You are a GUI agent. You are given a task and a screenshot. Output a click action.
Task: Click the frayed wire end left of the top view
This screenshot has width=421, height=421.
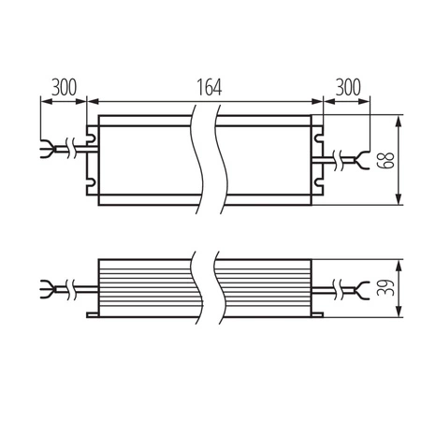(50, 148)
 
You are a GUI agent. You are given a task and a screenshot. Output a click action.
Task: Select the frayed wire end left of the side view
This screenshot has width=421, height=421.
(50, 283)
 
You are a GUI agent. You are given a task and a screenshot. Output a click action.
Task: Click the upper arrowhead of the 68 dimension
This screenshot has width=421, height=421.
(400, 122)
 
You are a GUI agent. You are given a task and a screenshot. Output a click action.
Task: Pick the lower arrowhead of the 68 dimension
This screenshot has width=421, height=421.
(400, 198)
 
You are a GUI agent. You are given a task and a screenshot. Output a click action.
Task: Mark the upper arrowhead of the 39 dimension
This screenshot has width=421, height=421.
(400, 263)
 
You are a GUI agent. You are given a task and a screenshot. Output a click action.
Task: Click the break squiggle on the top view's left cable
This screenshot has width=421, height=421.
(71, 148)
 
